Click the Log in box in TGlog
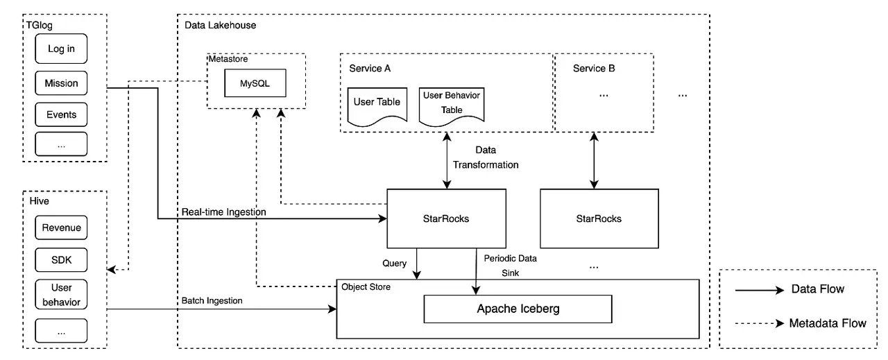(61, 49)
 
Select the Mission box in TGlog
(61, 83)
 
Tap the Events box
(61, 114)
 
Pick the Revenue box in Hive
(61, 228)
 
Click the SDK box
(61, 260)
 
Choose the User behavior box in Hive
(61, 295)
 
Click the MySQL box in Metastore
(254, 83)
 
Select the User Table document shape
(377, 104)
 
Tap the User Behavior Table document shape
(452, 104)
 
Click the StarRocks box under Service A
(445, 218)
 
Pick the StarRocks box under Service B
(599, 218)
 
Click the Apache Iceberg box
(518, 309)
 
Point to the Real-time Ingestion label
(223, 212)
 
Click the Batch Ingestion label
(212, 300)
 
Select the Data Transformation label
(485, 157)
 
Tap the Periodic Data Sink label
(510, 265)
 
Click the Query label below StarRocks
(394, 264)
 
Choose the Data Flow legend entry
(817, 289)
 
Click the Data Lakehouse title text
(220, 25)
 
